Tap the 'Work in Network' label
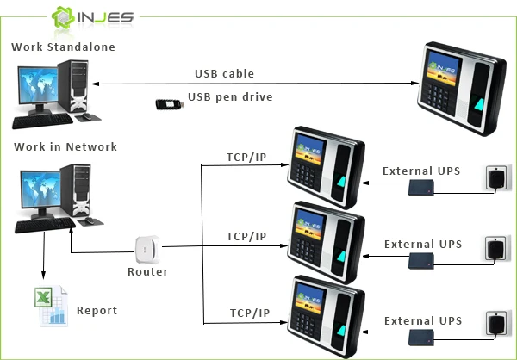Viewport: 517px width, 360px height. (x=65, y=146)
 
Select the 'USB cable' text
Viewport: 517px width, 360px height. (x=224, y=73)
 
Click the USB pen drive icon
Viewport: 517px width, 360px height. (x=171, y=103)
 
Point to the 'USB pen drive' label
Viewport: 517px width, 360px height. (x=229, y=97)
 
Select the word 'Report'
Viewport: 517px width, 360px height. (x=97, y=311)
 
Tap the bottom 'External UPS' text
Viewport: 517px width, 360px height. (x=422, y=320)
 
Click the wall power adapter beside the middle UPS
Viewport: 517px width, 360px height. (x=496, y=247)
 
